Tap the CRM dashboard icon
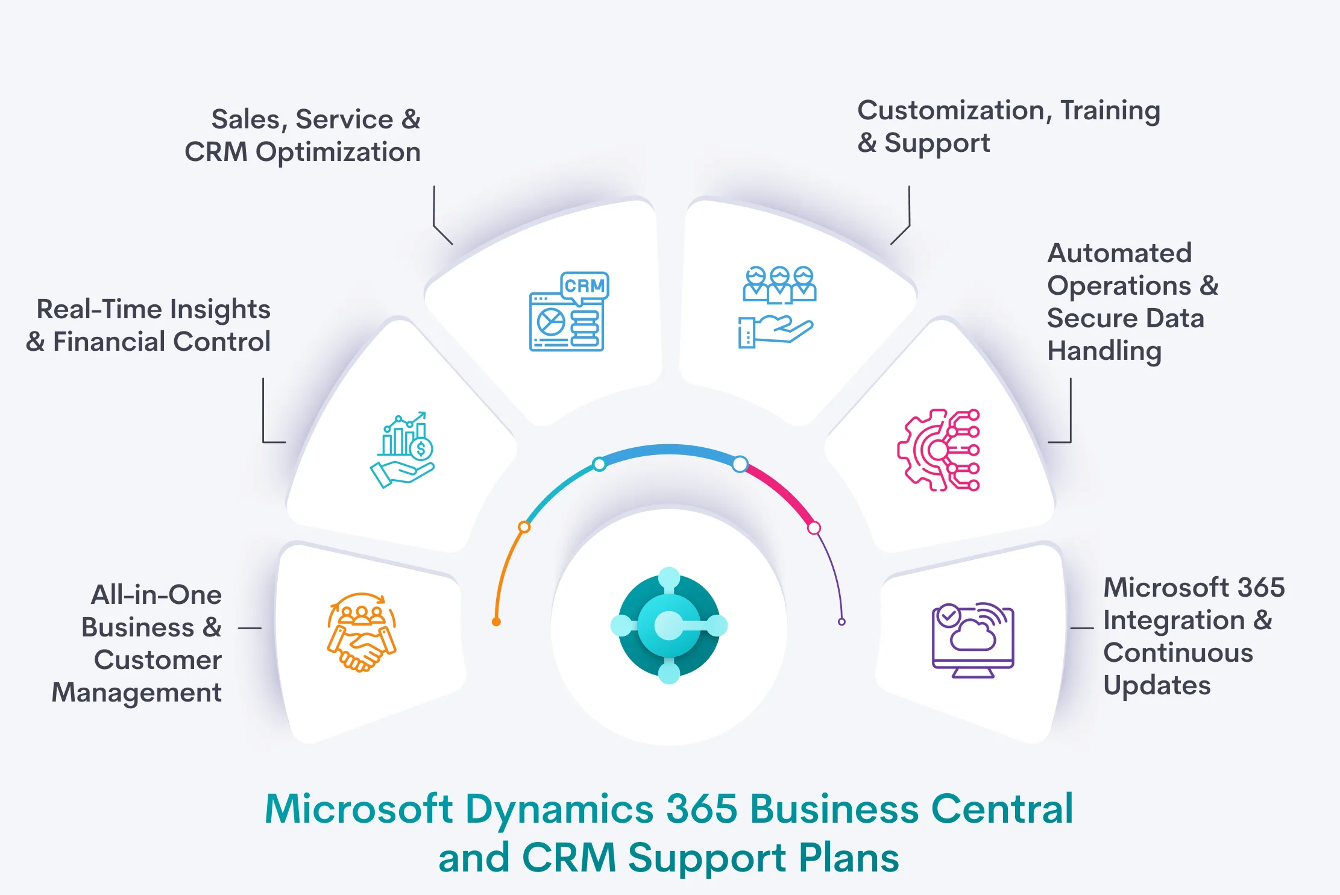568,312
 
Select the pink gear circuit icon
939,450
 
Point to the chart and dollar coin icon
402,450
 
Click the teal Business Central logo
669,626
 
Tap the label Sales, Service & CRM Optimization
303,136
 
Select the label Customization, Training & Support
1008,127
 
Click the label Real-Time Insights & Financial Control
148,325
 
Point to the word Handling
1104,351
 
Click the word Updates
1157,686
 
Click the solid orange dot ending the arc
496,622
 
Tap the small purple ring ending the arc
841,622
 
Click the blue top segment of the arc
669,450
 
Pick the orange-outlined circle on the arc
524,527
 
